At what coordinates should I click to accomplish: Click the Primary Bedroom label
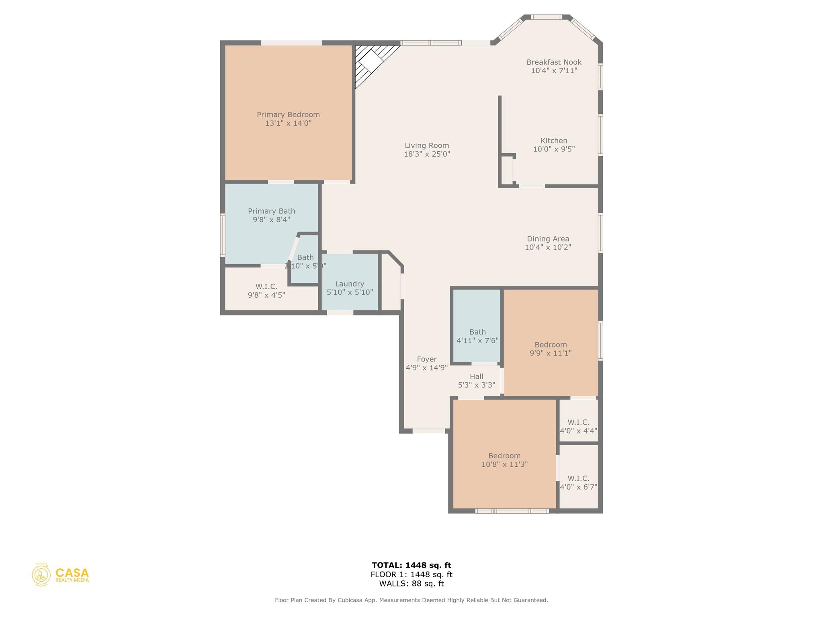tap(288, 115)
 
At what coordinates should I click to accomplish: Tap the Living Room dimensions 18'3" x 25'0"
tap(427, 154)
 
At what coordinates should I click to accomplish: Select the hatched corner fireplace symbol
tap(371, 64)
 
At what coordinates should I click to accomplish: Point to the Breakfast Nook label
tap(554, 62)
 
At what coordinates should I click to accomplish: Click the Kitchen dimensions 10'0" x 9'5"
tap(554, 149)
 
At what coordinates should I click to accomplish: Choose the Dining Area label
tap(548, 239)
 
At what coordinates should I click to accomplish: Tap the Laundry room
tap(350, 288)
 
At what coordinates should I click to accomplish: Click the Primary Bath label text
tap(271, 211)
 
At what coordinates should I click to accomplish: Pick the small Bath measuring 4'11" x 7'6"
tap(477, 336)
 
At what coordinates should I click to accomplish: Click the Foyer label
tap(426, 360)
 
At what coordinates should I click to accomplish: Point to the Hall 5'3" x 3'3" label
tap(476, 381)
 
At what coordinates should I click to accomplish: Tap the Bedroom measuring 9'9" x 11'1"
tap(551, 349)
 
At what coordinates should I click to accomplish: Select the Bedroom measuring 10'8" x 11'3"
tap(504, 460)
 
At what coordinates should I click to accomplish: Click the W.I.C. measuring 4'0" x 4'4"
tap(578, 426)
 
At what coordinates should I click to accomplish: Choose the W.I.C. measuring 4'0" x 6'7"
tap(578, 482)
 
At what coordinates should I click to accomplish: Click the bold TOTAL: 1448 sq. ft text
tap(411, 566)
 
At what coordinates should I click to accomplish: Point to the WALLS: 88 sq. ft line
tap(411, 584)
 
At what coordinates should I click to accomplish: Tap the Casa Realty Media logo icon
tap(41, 575)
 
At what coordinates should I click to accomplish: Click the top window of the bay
tap(546, 17)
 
